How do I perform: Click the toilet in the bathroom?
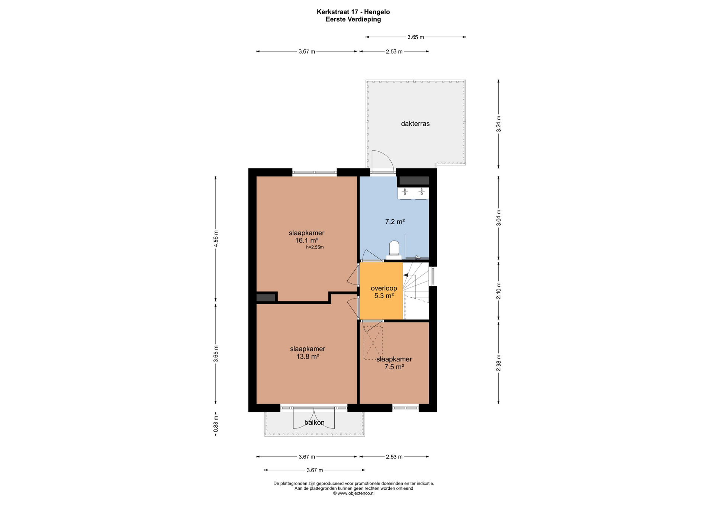[x=394, y=248]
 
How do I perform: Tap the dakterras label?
[x=415, y=124]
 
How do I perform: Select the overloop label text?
[x=384, y=288]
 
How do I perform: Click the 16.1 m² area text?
[x=306, y=240]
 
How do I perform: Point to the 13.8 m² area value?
[x=308, y=356]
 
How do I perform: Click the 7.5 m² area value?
[x=394, y=367]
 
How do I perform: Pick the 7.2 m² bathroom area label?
[x=395, y=222]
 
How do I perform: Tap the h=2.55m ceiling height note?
[x=315, y=247]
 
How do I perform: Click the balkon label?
[x=315, y=422]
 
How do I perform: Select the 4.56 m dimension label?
[x=216, y=238]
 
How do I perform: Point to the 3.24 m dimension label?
[x=499, y=124]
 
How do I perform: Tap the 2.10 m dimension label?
[x=499, y=291]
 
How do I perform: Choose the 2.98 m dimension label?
[x=499, y=363]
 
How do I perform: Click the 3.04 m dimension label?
[x=499, y=218]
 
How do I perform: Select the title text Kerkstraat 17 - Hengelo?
[x=353, y=12]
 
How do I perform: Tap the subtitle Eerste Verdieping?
[x=353, y=20]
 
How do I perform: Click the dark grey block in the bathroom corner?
[x=414, y=181]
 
